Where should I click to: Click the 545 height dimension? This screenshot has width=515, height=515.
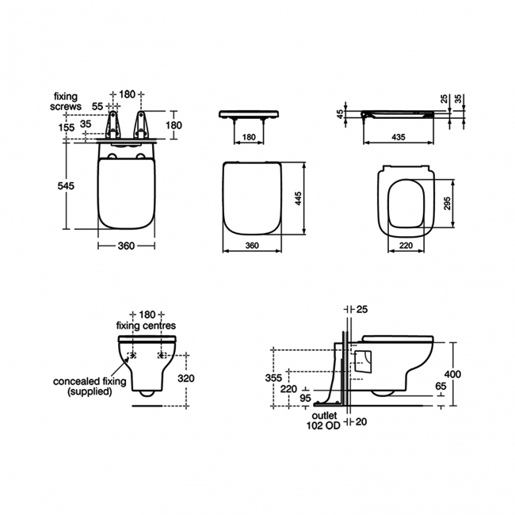tap(66, 185)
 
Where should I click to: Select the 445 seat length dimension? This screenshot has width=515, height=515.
tap(298, 198)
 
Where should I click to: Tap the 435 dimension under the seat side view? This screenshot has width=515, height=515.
tap(399, 136)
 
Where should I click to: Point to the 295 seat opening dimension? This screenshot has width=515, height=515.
tap(447, 204)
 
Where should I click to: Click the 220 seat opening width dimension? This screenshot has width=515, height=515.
tap(406, 245)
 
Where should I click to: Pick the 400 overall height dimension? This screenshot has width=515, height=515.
tap(452, 374)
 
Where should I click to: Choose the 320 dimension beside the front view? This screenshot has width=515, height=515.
tap(186, 379)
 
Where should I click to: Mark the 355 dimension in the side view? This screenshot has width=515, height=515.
tap(273, 378)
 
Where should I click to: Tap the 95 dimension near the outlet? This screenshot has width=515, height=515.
tap(306, 398)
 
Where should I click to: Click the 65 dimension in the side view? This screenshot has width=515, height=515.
tap(441, 386)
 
